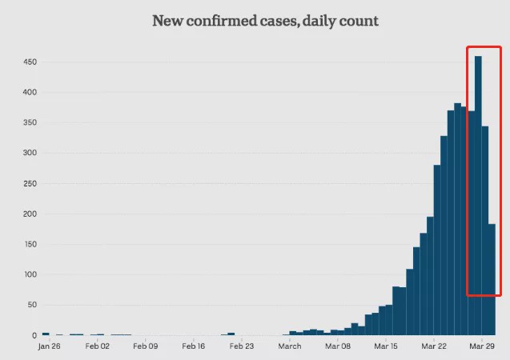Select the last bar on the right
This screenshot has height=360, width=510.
point(492,280)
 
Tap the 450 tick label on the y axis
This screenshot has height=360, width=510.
point(30,62)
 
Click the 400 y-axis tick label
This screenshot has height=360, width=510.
point(30,93)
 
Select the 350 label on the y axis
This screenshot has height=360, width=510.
point(30,123)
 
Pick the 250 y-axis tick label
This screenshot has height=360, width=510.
point(30,183)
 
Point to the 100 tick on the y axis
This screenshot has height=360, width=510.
point(30,274)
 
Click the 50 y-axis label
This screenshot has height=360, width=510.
point(31,305)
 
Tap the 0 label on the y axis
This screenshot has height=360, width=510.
point(34,335)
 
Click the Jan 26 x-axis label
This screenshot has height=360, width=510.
point(49,347)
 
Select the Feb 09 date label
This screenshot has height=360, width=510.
point(145,347)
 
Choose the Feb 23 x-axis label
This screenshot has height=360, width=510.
point(241,347)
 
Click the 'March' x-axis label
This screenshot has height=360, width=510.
point(290,347)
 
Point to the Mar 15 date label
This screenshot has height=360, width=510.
point(385,347)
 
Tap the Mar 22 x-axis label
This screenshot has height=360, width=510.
point(434,347)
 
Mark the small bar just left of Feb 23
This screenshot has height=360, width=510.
point(231,334)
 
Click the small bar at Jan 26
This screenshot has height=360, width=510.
point(46,334)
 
